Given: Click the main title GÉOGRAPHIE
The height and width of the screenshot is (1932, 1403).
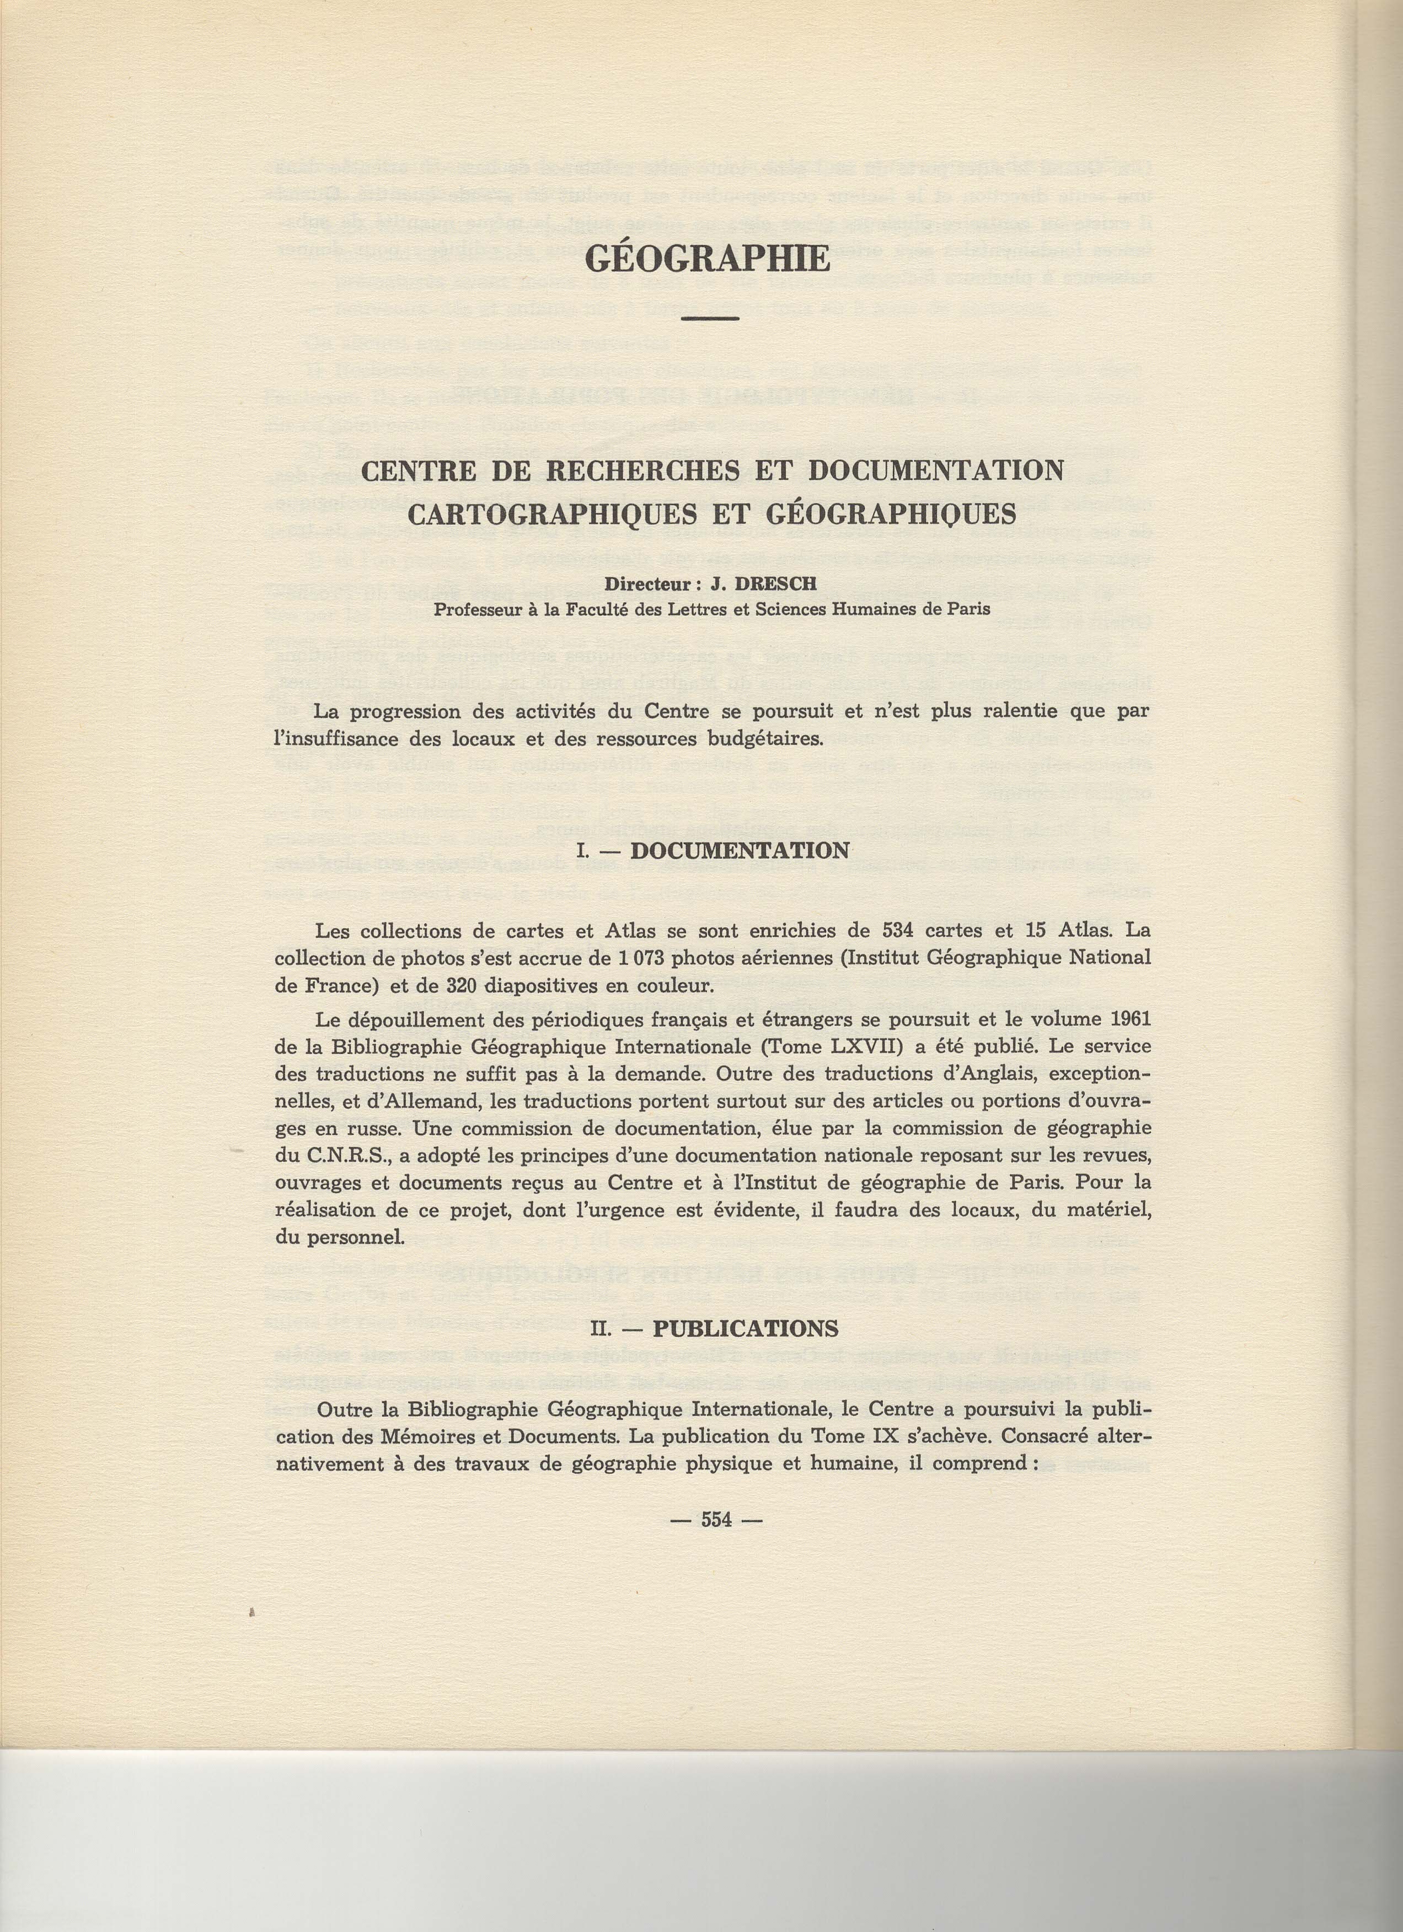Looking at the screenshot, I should (x=708, y=258).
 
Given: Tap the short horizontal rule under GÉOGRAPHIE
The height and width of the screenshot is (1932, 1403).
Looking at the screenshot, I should (x=709, y=319).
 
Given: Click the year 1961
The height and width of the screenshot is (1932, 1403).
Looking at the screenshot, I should (x=1131, y=1019).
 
